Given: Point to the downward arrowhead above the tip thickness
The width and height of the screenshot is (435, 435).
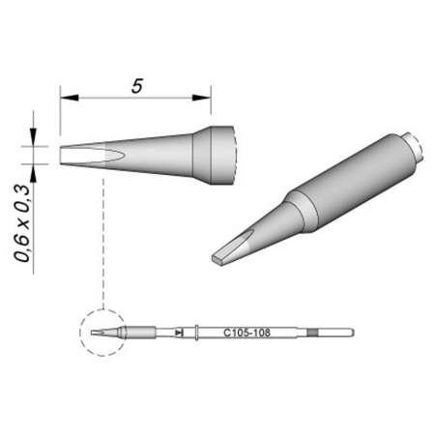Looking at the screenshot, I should pyautogui.click(x=36, y=139).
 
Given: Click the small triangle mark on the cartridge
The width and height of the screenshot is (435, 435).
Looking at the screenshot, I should pyautogui.click(x=181, y=333).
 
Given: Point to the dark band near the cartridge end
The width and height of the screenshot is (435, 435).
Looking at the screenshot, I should pyautogui.click(x=311, y=333).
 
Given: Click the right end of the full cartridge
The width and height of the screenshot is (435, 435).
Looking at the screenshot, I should pyautogui.click(x=350, y=333).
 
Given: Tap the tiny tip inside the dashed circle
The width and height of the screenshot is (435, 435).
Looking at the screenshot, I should pyautogui.click(x=98, y=333).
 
